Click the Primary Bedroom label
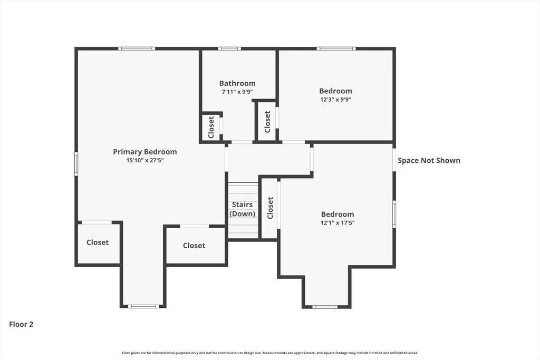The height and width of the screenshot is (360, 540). click(x=145, y=152)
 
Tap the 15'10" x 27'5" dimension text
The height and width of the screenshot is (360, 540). click(x=145, y=160)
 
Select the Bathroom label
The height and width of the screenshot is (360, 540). click(x=237, y=83)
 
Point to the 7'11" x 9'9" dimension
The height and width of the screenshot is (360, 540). click(x=237, y=92)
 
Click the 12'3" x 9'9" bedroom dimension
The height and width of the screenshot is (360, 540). click(x=336, y=100)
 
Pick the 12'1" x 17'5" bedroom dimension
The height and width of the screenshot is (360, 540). click(x=337, y=222)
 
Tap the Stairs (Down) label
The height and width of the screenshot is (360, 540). click(x=243, y=209)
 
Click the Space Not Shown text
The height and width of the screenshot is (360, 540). click(x=429, y=160)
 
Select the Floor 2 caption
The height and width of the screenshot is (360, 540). click(x=21, y=324)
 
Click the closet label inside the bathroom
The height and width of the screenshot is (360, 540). click(x=211, y=127)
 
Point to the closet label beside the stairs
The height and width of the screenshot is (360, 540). click(x=270, y=208)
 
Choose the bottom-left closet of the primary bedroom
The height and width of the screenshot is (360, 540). click(x=98, y=242)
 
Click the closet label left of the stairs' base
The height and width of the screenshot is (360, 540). click(x=194, y=246)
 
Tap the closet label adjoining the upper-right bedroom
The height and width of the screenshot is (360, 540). click(x=267, y=122)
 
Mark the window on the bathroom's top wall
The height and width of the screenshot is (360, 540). click(x=229, y=48)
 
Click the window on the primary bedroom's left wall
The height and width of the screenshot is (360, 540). click(x=76, y=164)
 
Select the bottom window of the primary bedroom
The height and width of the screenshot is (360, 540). click(x=143, y=306)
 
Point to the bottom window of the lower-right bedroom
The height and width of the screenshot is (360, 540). click(x=325, y=307)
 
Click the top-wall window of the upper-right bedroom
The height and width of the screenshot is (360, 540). click(x=336, y=48)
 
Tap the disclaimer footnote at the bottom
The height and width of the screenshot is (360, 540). click(x=270, y=353)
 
